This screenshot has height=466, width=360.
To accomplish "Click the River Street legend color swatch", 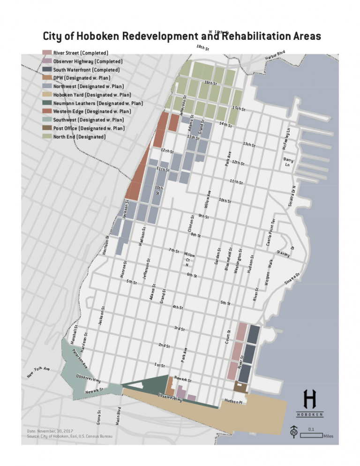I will coord(47,53).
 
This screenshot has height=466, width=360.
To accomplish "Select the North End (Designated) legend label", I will coord(79,136).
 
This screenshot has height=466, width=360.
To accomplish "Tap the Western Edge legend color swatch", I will coord(47,112).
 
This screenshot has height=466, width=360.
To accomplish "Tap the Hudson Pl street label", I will coord(233,401).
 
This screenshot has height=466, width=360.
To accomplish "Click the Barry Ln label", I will coord(288,162).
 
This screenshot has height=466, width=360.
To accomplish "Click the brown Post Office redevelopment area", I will coord(240,387).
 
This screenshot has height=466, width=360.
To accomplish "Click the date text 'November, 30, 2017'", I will coord(56,430).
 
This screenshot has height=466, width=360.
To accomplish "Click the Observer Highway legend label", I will coord(88,61).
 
